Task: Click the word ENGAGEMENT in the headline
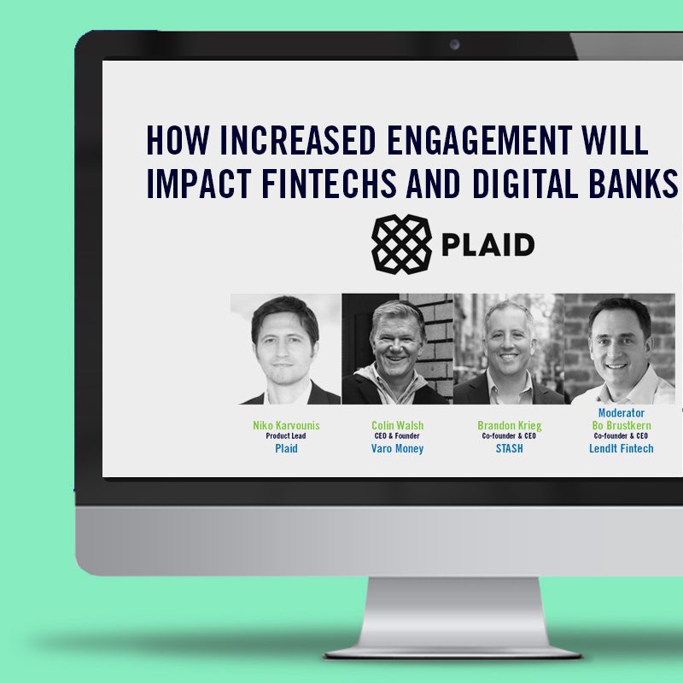pyautogui.click(x=480, y=140)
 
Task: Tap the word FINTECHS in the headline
pyautogui.click(x=329, y=184)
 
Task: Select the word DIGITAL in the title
pyautogui.click(x=525, y=184)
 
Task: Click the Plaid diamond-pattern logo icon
pyautogui.click(x=401, y=244)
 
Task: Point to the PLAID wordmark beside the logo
pyautogui.click(x=488, y=244)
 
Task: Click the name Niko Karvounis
pyautogui.click(x=286, y=425)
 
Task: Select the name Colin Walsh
pyautogui.click(x=397, y=425)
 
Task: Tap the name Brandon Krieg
pyautogui.click(x=509, y=425)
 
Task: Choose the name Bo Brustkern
pyautogui.click(x=622, y=425)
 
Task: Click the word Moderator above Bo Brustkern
pyautogui.click(x=622, y=413)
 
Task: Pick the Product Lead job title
pyautogui.click(x=286, y=436)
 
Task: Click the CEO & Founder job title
pyautogui.click(x=397, y=436)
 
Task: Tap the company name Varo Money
pyautogui.click(x=397, y=449)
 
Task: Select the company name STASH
pyautogui.click(x=509, y=449)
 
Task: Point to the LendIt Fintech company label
pyautogui.click(x=622, y=449)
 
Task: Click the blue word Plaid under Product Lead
pyautogui.click(x=286, y=449)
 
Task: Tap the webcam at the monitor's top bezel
pyautogui.click(x=454, y=44)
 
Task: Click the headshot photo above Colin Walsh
pyautogui.click(x=397, y=349)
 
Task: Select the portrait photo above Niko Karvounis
pyautogui.click(x=286, y=349)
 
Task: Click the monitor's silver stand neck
pyautogui.click(x=453, y=613)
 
